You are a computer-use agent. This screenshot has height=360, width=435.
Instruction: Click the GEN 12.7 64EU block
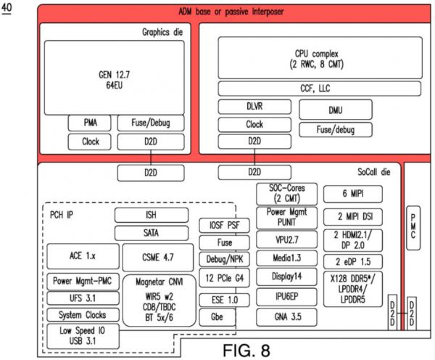112,78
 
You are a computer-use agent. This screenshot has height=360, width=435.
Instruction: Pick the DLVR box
254,107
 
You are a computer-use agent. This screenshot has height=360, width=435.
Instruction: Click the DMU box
335,110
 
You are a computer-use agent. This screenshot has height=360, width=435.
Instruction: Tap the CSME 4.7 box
157,257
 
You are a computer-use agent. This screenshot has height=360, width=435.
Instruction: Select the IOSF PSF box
224,226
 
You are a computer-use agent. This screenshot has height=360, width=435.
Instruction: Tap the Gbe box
224,317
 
